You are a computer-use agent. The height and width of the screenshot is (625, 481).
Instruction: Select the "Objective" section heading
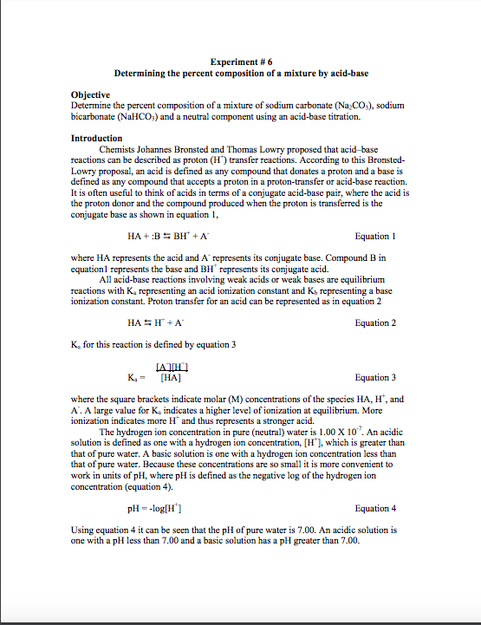tap(89, 94)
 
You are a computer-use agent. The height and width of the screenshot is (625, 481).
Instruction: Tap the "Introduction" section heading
tap(96, 138)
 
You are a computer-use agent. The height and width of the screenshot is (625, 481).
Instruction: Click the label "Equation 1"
tap(375, 236)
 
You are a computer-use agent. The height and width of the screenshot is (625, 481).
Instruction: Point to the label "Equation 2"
tap(375, 322)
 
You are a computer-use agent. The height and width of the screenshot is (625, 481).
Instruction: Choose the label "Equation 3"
tap(375, 377)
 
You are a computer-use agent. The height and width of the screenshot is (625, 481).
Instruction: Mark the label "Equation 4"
tap(375, 508)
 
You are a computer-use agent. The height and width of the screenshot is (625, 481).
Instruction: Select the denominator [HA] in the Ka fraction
tap(171, 378)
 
